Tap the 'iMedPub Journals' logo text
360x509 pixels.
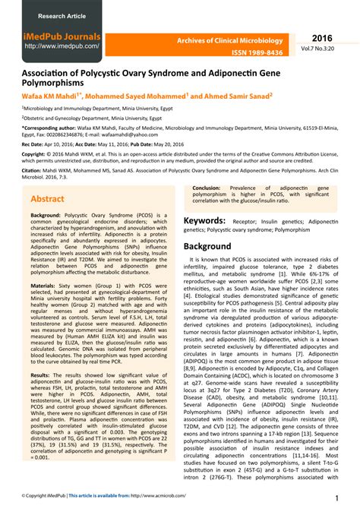tap(63, 36)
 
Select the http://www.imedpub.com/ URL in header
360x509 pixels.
tap(62, 46)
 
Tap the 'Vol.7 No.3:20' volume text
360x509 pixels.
tap(327, 49)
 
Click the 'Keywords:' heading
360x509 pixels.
tap(204, 221)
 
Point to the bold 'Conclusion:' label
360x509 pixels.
tap(207, 187)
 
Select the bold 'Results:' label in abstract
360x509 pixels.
tap(43, 354)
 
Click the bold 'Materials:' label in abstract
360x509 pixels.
tap(46, 285)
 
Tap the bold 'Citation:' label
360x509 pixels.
tap(33, 172)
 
